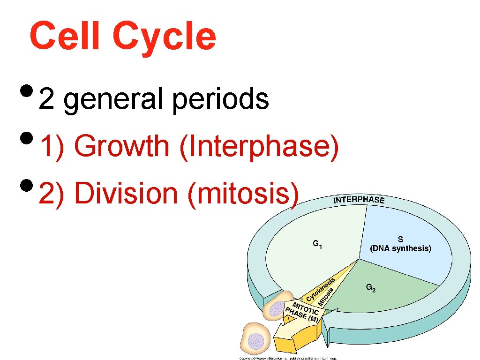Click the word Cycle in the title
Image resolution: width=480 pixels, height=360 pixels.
coord(164,37)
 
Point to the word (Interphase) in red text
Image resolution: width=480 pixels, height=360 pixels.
coord(258,146)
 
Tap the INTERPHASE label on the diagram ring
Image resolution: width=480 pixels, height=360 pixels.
coord(359,200)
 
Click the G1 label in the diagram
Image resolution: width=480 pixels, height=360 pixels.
coord(317,244)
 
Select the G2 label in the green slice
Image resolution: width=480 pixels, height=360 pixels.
coord(370,288)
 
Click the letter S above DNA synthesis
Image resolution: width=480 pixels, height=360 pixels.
coord(400,239)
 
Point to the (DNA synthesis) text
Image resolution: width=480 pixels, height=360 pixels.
coord(400,248)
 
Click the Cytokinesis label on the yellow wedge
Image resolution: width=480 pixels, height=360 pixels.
coord(320,289)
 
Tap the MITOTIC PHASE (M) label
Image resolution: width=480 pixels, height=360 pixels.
coord(302,311)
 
